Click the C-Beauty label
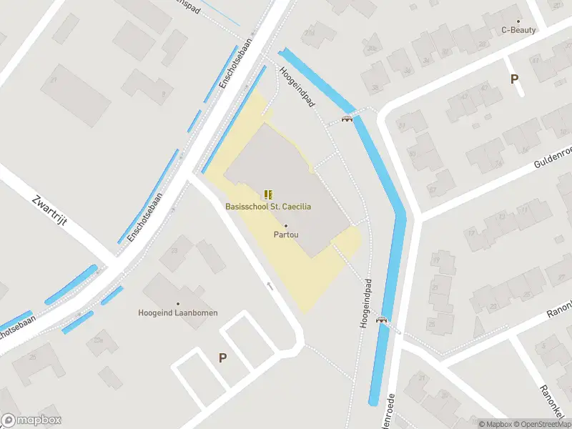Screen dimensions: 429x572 point(518,30)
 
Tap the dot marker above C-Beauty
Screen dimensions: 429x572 point(518,21)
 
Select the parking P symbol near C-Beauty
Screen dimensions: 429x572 point(514,79)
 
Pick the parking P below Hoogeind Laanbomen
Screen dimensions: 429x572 point(222,357)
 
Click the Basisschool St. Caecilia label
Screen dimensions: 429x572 point(268,207)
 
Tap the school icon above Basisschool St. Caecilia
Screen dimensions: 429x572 point(268,194)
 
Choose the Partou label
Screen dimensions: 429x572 point(286,234)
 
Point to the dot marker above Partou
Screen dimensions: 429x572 point(286,225)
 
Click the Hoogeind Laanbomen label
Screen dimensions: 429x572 point(178,312)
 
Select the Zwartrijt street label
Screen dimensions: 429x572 point(50,210)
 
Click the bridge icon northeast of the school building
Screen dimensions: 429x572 point(347,119)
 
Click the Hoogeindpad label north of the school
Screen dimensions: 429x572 point(297,87)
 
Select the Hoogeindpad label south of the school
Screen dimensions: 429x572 point(365,303)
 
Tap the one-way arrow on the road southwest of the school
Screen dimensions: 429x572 point(270,286)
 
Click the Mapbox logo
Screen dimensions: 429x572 point(31,420)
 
